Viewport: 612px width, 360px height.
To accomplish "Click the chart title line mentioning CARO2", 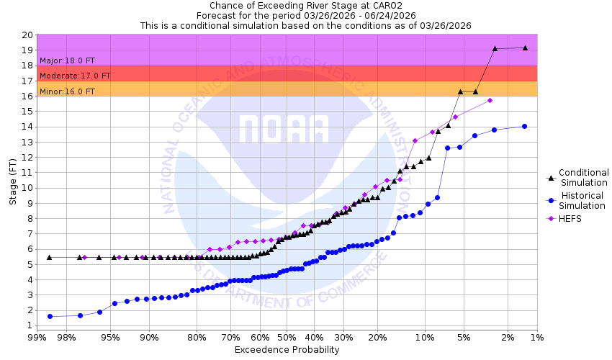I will [306, 5].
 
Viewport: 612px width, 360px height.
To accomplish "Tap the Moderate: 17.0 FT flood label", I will [75, 76].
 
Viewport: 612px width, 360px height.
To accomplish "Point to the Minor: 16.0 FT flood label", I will [67, 91].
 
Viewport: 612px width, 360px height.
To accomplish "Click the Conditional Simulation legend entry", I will [583, 177].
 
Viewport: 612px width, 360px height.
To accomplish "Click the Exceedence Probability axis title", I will [287, 350].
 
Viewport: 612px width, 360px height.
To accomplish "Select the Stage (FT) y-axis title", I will [12, 181].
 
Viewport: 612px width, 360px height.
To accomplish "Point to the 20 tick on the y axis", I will [27, 35].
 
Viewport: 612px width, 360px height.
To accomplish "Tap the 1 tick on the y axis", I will [29, 325].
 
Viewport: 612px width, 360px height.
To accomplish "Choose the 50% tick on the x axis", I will [287, 337].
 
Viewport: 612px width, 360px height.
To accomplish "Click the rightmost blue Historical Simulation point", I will [524, 126].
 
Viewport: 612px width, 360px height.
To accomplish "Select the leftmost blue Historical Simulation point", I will [50, 316].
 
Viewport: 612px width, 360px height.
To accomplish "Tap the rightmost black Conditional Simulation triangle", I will [525, 48].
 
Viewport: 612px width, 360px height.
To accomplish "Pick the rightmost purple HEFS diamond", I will [490, 100].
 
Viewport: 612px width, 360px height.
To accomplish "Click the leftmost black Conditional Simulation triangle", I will [49, 257].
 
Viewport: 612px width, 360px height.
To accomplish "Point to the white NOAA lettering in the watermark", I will [284, 129].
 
